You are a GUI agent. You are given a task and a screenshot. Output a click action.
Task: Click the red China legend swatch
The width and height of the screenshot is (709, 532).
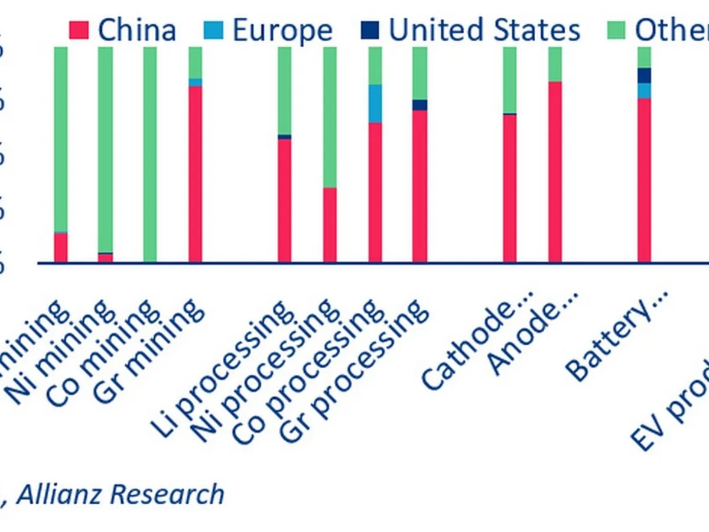tap(79, 30)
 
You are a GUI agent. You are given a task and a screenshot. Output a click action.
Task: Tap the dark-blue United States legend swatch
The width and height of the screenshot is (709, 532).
tap(373, 30)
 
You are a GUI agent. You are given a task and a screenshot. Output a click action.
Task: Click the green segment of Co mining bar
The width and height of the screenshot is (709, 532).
tap(150, 154)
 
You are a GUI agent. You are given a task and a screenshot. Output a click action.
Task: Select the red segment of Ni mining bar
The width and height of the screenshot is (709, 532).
tap(105, 258)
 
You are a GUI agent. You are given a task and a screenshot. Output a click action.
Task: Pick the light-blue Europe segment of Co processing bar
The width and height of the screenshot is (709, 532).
tap(375, 103)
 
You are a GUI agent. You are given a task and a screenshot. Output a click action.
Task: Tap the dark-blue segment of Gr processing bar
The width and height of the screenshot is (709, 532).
tap(419, 105)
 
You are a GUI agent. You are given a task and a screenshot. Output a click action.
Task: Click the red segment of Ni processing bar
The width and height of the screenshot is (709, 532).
tap(330, 225)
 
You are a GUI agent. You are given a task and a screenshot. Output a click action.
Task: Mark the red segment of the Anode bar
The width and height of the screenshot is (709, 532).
tap(555, 171)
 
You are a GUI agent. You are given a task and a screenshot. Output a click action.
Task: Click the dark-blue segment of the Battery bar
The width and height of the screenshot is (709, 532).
tap(644, 76)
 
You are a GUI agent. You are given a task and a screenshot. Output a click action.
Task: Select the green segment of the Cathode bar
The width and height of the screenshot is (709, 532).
tap(509, 80)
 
